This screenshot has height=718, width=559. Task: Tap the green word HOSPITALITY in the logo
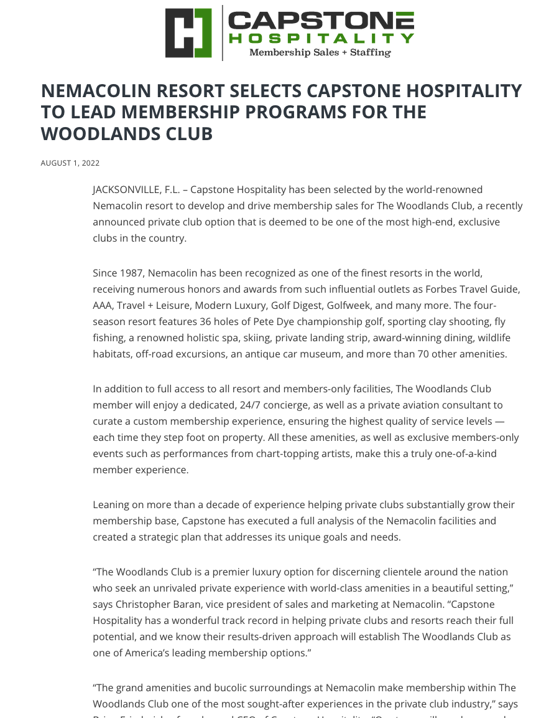pos(321,39)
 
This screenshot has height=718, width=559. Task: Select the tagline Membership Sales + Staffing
pos(320,53)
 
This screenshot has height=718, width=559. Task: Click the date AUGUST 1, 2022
pos(70,163)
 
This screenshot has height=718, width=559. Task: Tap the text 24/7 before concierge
pos(251,405)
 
